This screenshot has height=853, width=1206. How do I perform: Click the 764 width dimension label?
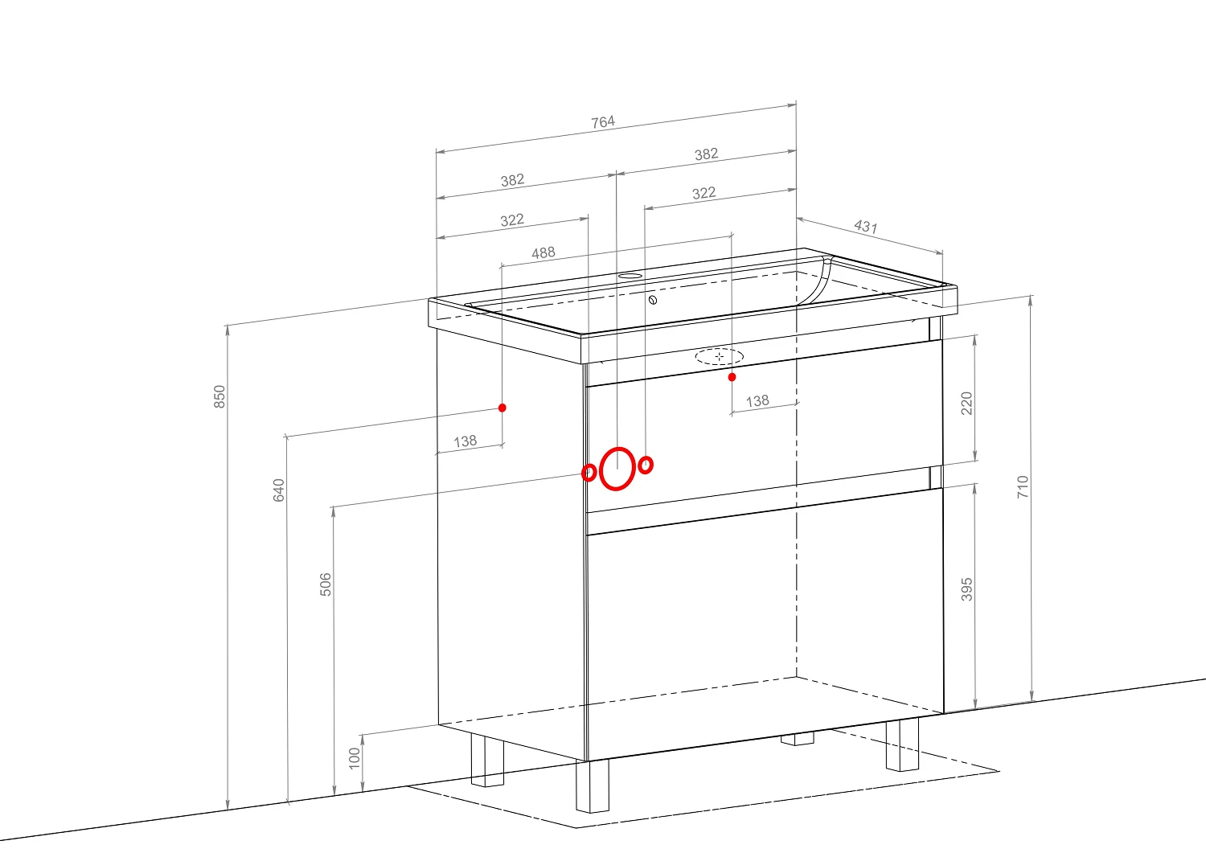coord(603,122)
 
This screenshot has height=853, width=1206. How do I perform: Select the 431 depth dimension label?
coord(866,226)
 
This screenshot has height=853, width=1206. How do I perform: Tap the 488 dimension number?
coord(544,253)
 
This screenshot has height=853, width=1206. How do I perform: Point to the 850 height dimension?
coord(219,396)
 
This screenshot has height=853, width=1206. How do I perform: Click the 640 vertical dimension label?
coord(278,490)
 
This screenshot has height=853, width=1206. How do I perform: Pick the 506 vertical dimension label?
coord(326,584)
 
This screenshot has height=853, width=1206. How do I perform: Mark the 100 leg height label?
coord(355,758)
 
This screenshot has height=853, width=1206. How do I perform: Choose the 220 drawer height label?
coord(967,404)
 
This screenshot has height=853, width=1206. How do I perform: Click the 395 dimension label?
coord(967,589)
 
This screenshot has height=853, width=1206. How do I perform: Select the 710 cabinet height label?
coord(1023,487)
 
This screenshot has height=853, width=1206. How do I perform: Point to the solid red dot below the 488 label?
coord(503,408)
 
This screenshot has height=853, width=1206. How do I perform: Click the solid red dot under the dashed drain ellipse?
coord(732,377)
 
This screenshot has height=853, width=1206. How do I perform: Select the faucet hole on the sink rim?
coord(630,276)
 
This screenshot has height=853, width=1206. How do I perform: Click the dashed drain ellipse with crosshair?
coord(720,356)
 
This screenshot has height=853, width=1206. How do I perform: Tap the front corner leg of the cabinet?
coord(593,785)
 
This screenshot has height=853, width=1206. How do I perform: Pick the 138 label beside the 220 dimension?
coord(757,401)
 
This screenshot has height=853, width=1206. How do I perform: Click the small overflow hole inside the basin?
coord(653,300)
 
